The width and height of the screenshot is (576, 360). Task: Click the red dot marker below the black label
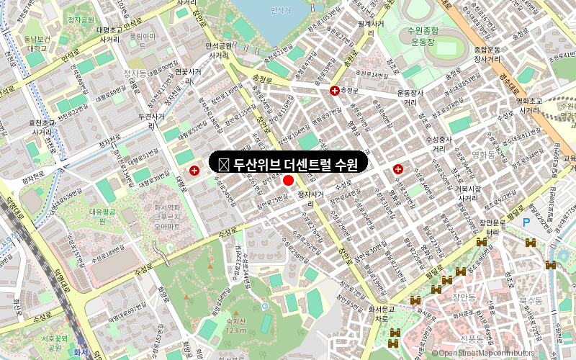(289, 180)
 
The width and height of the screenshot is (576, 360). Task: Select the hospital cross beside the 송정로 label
(335, 91)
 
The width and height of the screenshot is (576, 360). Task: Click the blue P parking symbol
(526, 223)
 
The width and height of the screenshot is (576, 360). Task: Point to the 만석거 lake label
(279, 10)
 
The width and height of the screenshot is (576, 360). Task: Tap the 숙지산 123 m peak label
(235, 325)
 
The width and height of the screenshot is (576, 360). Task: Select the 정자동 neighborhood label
(135, 73)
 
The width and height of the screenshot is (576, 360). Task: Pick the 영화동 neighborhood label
(480, 155)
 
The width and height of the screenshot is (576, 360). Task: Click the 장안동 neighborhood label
(464, 296)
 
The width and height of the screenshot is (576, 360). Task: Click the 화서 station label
(81, 352)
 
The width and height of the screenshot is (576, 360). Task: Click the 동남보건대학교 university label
(35, 43)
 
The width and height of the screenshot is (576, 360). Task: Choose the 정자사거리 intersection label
(312, 199)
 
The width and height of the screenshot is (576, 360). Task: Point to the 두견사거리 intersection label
(151, 120)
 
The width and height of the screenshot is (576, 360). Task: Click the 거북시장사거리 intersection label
(467, 193)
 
